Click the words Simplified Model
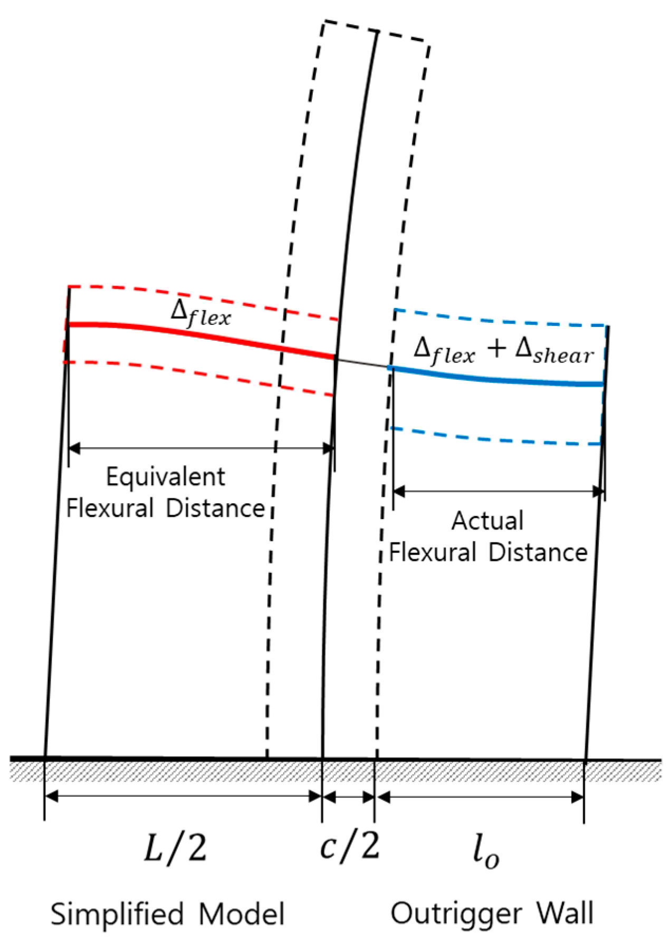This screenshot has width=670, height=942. click(x=167, y=915)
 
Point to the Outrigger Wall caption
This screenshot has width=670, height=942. click(x=492, y=914)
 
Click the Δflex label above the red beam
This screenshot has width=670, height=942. click(x=200, y=313)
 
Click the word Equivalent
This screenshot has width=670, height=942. click(x=166, y=477)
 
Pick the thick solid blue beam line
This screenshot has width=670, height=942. click(x=501, y=380)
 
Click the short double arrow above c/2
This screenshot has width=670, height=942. click(x=349, y=797)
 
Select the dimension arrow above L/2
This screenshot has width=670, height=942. click(x=183, y=797)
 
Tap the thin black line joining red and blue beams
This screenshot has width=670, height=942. click(x=363, y=363)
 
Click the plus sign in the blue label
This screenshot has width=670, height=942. click(x=497, y=349)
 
